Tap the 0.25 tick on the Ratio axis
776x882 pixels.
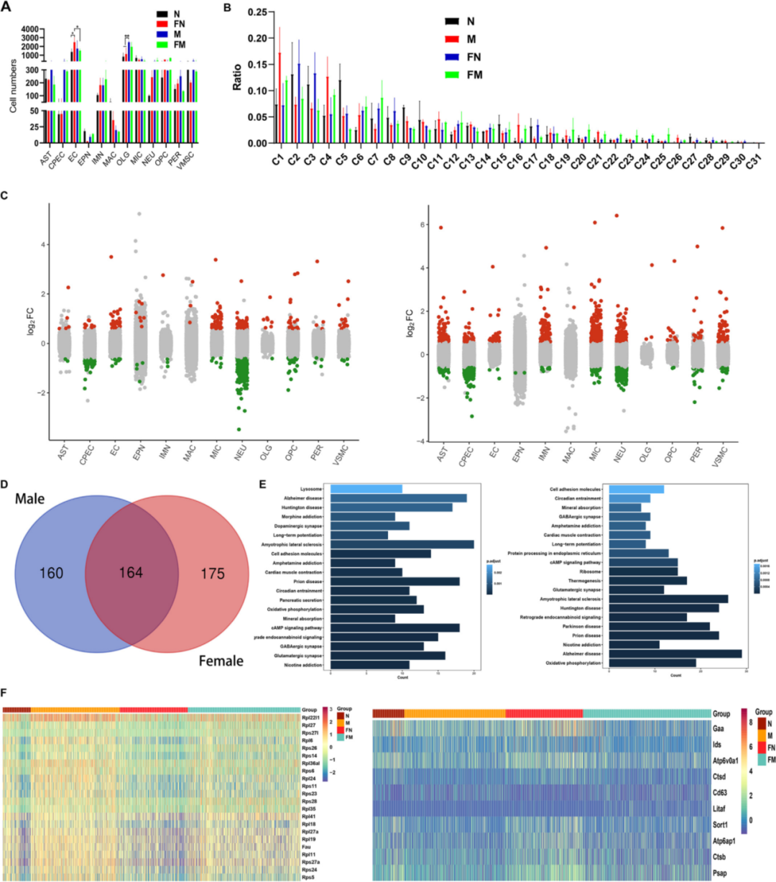coord(256,13)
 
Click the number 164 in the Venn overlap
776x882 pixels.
coord(131,573)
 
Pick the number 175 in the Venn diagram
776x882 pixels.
coord(212,574)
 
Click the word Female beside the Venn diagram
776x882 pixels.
coord(221,661)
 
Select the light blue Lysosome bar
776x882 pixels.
coord(366,489)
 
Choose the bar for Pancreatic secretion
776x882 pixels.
coord(373,600)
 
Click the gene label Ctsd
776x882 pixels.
coord(719,776)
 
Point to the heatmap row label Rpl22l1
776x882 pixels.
coord(310,717)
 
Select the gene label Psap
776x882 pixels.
coord(719,873)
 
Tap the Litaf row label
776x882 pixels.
coord(719,809)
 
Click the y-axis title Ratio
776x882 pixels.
coord(236,77)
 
